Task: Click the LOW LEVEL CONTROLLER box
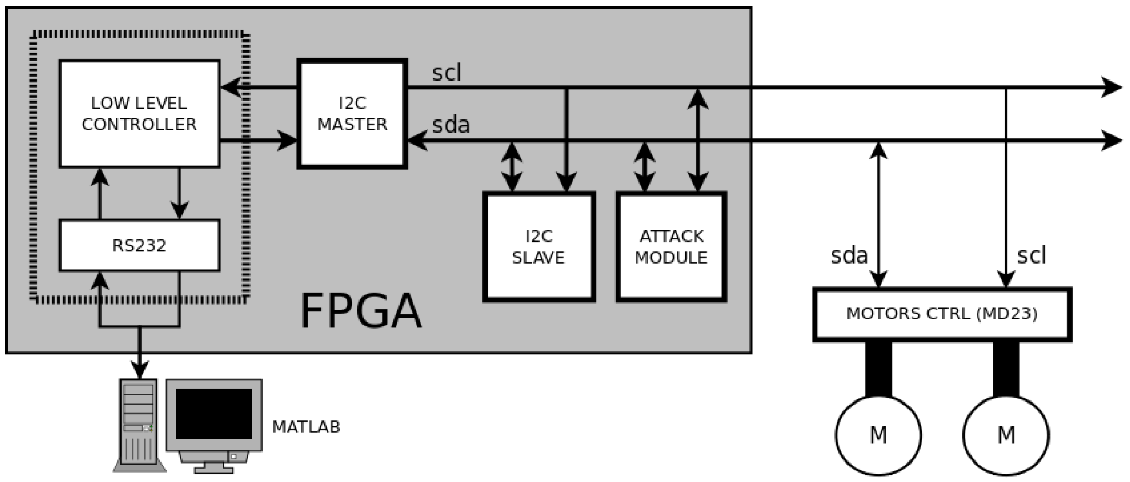coord(139,114)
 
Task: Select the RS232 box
coord(139,246)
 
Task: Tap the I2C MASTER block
coord(352,114)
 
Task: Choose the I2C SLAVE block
coord(538,247)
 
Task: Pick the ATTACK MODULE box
coord(671,247)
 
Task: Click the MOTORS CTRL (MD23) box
coord(942,314)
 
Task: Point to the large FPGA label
coord(361,311)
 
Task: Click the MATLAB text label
coord(306,427)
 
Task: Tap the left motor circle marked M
coord(878,435)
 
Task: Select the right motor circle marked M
coord(1006,435)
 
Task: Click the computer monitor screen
coord(214,414)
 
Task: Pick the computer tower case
coord(138,425)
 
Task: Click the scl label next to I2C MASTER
coord(447,73)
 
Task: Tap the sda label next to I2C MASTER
coord(451,125)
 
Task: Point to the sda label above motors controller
coord(849,255)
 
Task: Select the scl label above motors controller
coord(1031,255)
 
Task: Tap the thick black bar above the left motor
coord(878,368)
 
